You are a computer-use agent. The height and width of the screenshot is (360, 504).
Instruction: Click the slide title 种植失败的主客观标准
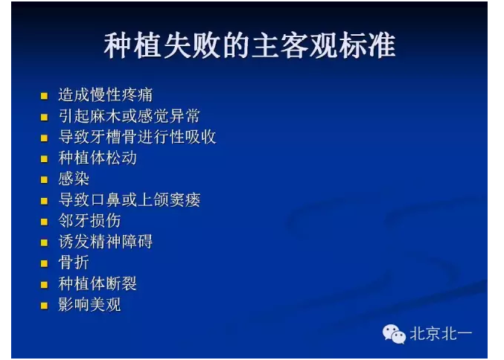tap(249, 47)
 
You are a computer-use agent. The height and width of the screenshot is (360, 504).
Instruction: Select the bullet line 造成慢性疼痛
tap(105, 95)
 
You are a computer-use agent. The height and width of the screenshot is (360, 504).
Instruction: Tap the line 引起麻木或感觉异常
tap(129, 116)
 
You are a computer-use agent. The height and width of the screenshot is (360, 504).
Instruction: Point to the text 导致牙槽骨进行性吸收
tap(138, 137)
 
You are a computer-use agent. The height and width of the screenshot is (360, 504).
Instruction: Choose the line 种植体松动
tap(98, 158)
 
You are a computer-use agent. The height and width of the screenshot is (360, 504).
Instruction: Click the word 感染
tap(74, 179)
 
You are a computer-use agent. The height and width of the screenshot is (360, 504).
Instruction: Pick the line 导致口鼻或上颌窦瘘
tap(130, 200)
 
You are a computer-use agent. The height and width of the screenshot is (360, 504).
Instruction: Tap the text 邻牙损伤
tap(89, 221)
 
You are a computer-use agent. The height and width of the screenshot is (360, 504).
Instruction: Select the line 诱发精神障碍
tap(105, 242)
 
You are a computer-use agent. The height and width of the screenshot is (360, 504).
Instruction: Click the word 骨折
tap(74, 263)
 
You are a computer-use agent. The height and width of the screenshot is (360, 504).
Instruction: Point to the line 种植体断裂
tap(98, 284)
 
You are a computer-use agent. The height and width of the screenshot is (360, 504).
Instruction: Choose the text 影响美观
tap(89, 305)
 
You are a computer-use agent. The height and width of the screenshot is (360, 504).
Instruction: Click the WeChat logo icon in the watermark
tap(394, 333)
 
